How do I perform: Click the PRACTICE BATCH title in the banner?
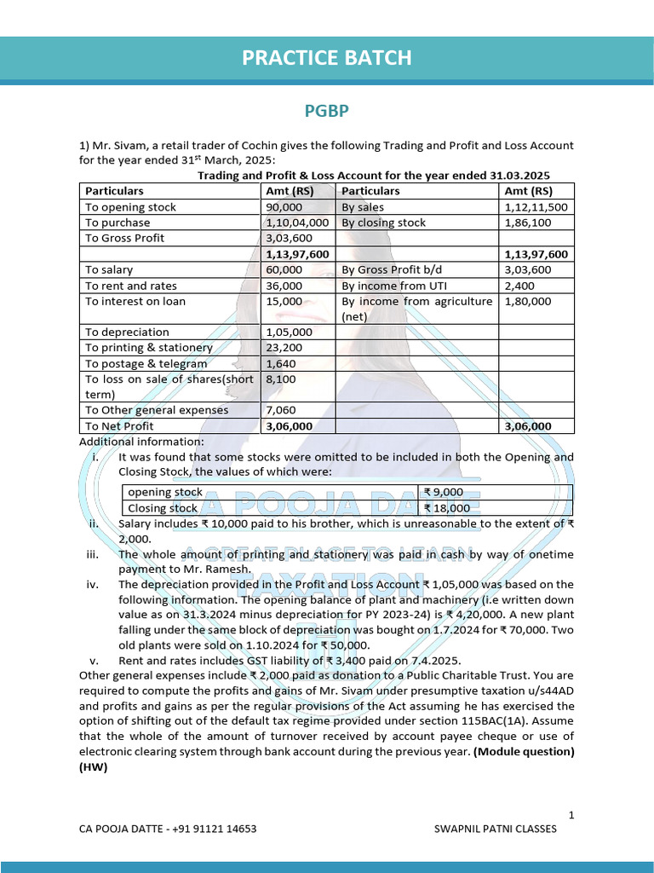click(x=327, y=57)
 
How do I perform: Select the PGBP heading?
click(x=327, y=112)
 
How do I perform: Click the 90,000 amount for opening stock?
click(x=284, y=207)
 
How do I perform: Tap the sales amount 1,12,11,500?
click(x=536, y=207)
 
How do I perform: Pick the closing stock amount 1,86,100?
click(x=527, y=223)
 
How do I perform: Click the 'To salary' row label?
click(x=110, y=269)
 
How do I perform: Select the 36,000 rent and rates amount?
click(x=284, y=286)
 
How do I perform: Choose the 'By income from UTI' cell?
click(x=393, y=286)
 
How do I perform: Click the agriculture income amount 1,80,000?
click(x=527, y=301)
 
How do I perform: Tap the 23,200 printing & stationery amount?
click(x=284, y=347)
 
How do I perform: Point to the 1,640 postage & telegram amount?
click(x=280, y=363)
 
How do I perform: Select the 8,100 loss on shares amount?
click(x=280, y=379)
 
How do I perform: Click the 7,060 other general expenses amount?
click(x=280, y=410)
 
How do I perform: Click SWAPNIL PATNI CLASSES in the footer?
click(x=495, y=829)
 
